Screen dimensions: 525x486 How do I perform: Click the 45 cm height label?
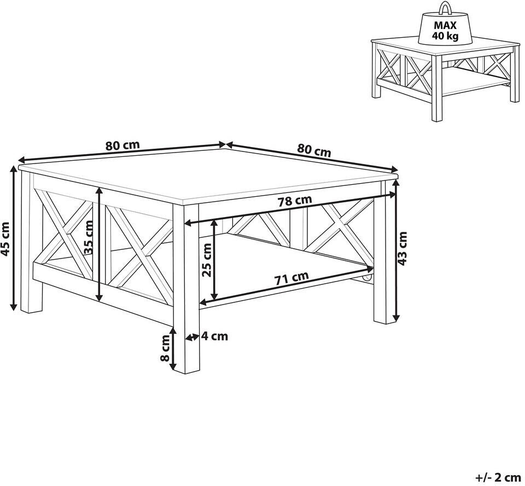(5, 239)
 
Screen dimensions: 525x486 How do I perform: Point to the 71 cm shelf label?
(291, 277)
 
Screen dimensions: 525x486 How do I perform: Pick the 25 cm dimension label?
(207, 260)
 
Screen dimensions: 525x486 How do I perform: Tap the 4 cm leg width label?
(214, 336)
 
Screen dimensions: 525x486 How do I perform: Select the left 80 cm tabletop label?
(122, 145)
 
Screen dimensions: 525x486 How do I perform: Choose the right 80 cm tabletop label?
(314, 151)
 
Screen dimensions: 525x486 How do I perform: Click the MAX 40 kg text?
(445, 30)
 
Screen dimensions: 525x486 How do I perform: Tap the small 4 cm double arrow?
(192, 337)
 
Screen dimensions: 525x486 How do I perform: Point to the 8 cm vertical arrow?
(173, 348)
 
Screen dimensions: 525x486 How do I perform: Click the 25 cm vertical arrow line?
(214, 260)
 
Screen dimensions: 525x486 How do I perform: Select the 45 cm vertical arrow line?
(14, 238)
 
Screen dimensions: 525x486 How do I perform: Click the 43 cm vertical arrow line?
(396, 250)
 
